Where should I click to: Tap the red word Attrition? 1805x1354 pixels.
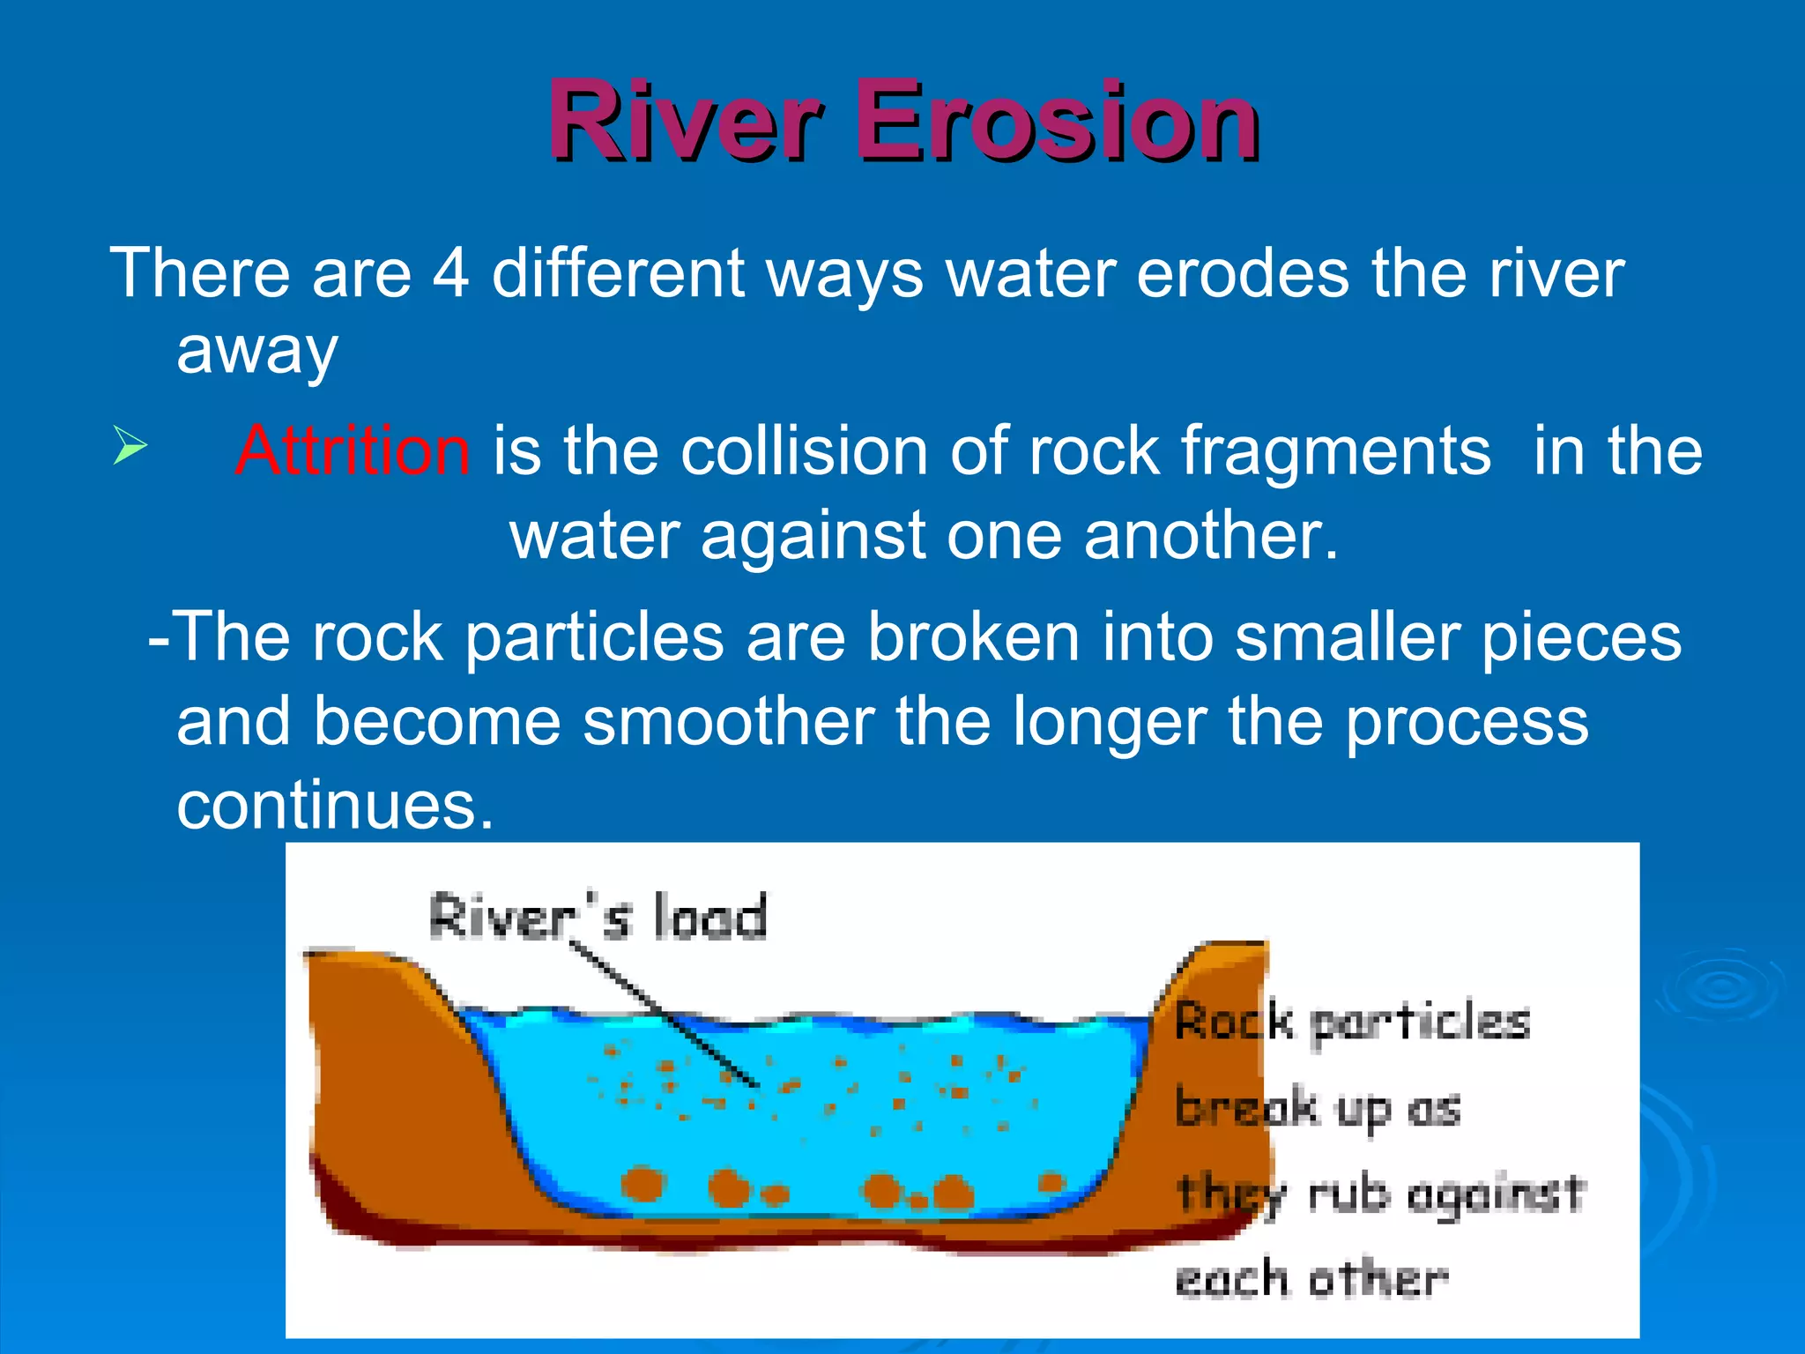tap(353, 450)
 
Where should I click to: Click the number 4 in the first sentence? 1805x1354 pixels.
tap(450, 273)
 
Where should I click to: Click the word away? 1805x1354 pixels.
tap(257, 352)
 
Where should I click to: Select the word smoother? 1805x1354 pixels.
tap(728, 721)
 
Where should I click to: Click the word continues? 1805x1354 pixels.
tap(335, 805)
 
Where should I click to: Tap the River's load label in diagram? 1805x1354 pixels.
tap(598, 917)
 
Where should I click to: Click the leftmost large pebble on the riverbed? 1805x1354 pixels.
tap(643, 1184)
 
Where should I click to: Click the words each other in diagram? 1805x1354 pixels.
tap(1311, 1278)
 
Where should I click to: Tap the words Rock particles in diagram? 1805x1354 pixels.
tap(1352, 1023)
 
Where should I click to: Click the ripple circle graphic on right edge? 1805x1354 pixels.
tap(1719, 987)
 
